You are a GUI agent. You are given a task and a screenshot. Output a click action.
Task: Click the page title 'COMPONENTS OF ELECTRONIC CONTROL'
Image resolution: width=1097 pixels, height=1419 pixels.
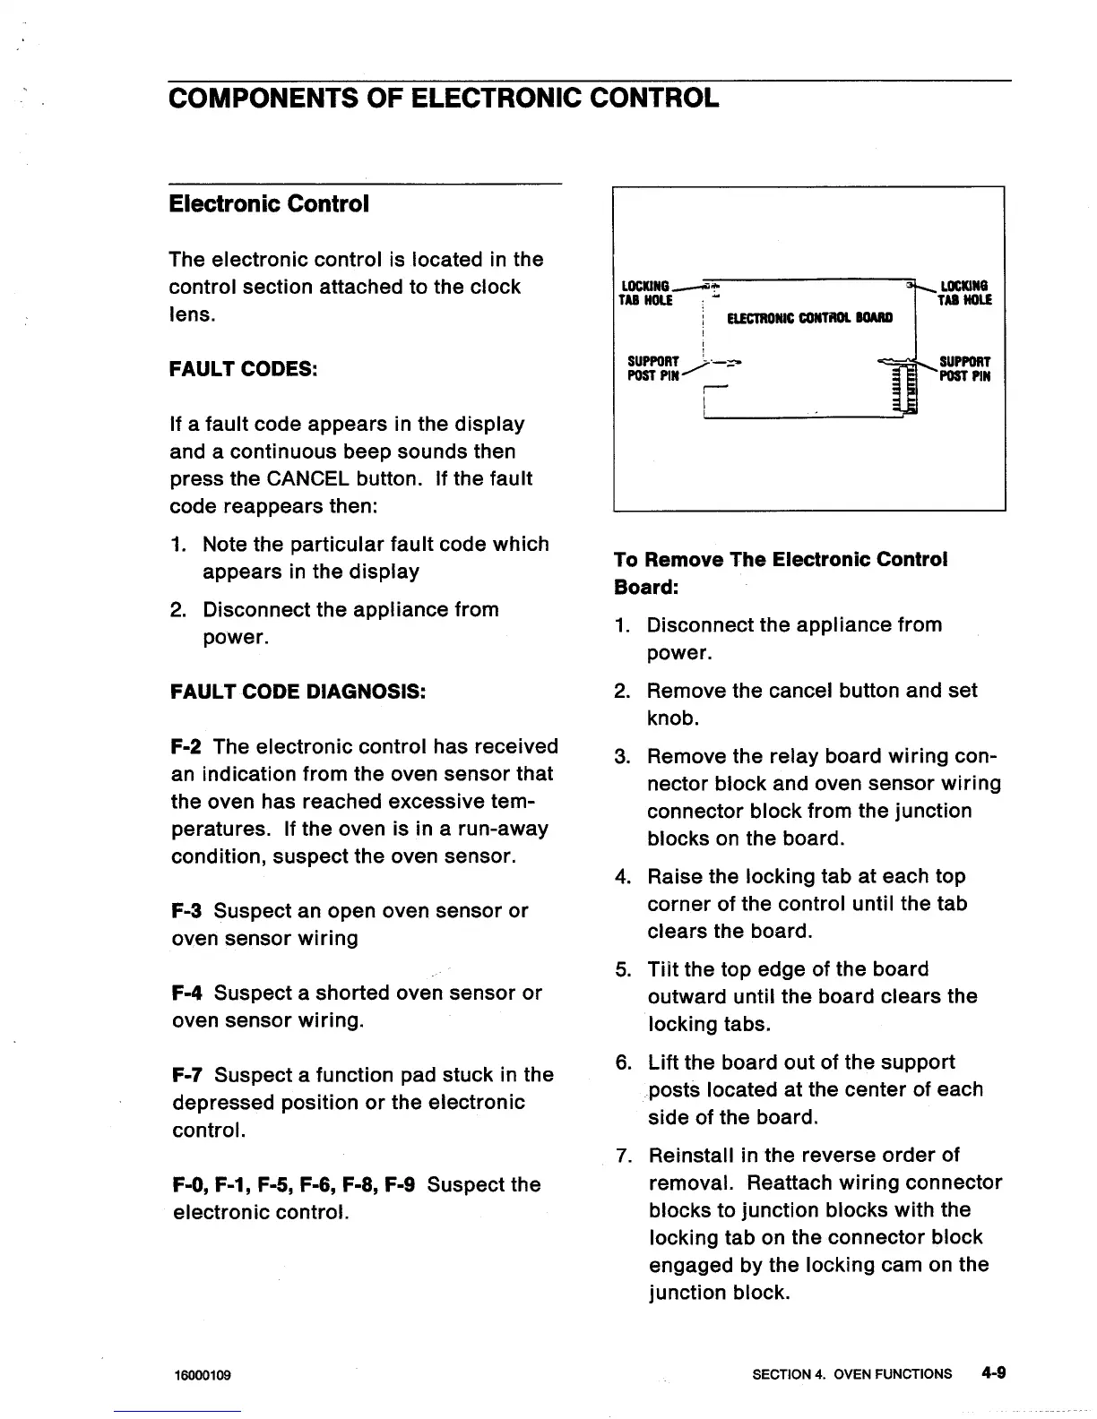click(x=444, y=98)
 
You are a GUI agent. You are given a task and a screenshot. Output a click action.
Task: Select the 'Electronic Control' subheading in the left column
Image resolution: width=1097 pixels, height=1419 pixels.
click(x=269, y=204)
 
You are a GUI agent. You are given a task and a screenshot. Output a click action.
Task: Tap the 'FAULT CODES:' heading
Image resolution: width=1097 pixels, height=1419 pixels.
click(x=244, y=369)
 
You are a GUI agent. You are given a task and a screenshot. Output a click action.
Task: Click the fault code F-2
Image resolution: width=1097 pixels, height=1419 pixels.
click(x=187, y=747)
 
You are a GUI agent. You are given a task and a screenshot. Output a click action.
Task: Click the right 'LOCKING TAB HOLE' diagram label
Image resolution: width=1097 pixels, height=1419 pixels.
click(x=964, y=294)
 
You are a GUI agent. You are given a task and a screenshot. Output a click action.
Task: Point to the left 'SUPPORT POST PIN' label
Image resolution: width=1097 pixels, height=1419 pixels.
click(x=653, y=369)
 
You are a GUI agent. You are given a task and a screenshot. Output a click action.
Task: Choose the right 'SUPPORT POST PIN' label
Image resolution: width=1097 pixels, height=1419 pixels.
click(x=964, y=369)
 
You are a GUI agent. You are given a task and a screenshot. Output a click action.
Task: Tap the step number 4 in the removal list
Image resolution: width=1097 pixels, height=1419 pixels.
click(x=623, y=877)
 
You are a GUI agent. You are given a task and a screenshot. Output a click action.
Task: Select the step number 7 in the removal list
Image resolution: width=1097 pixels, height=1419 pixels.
click(x=623, y=1156)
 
